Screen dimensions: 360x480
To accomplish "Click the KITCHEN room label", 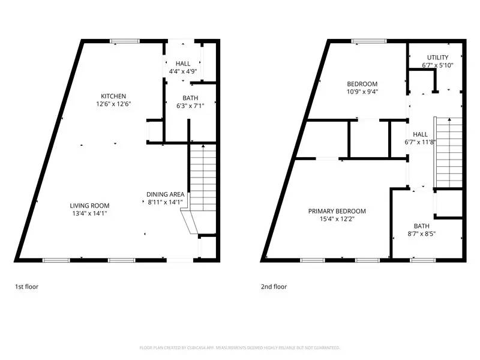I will pyautogui.click(x=113, y=96).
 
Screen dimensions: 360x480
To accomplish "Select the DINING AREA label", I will pyautogui.click(x=166, y=194).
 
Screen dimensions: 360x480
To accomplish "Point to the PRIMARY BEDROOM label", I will pyautogui.click(x=337, y=211).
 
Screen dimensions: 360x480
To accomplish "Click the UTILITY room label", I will pyautogui.click(x=437, y=58).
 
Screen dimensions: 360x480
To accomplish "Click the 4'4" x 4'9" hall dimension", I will pyautogui.click(x=183, y=71).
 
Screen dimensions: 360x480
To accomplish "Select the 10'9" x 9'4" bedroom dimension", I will pyautogui.click(x=362, y=92).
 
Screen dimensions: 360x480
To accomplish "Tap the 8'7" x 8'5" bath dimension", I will pyautogui.click(x=421, y=234).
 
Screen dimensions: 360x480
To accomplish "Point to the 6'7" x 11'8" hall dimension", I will pyautogui.click(x=421, y=142).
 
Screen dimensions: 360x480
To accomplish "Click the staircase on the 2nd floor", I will pyautogui.click(x=449, y=150).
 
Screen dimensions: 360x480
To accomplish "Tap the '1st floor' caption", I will pyautogui.click(x=27, y=287).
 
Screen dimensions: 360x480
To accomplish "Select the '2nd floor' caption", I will pyautogui.click(x=274, y=287).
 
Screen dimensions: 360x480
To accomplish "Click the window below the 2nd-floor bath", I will pyautogui.click(x=422, y=260).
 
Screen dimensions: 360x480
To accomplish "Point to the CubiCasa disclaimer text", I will pyautogui.click(x=240, y=347).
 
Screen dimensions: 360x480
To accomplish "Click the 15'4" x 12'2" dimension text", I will pyautogui.click(x=337, y=220).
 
